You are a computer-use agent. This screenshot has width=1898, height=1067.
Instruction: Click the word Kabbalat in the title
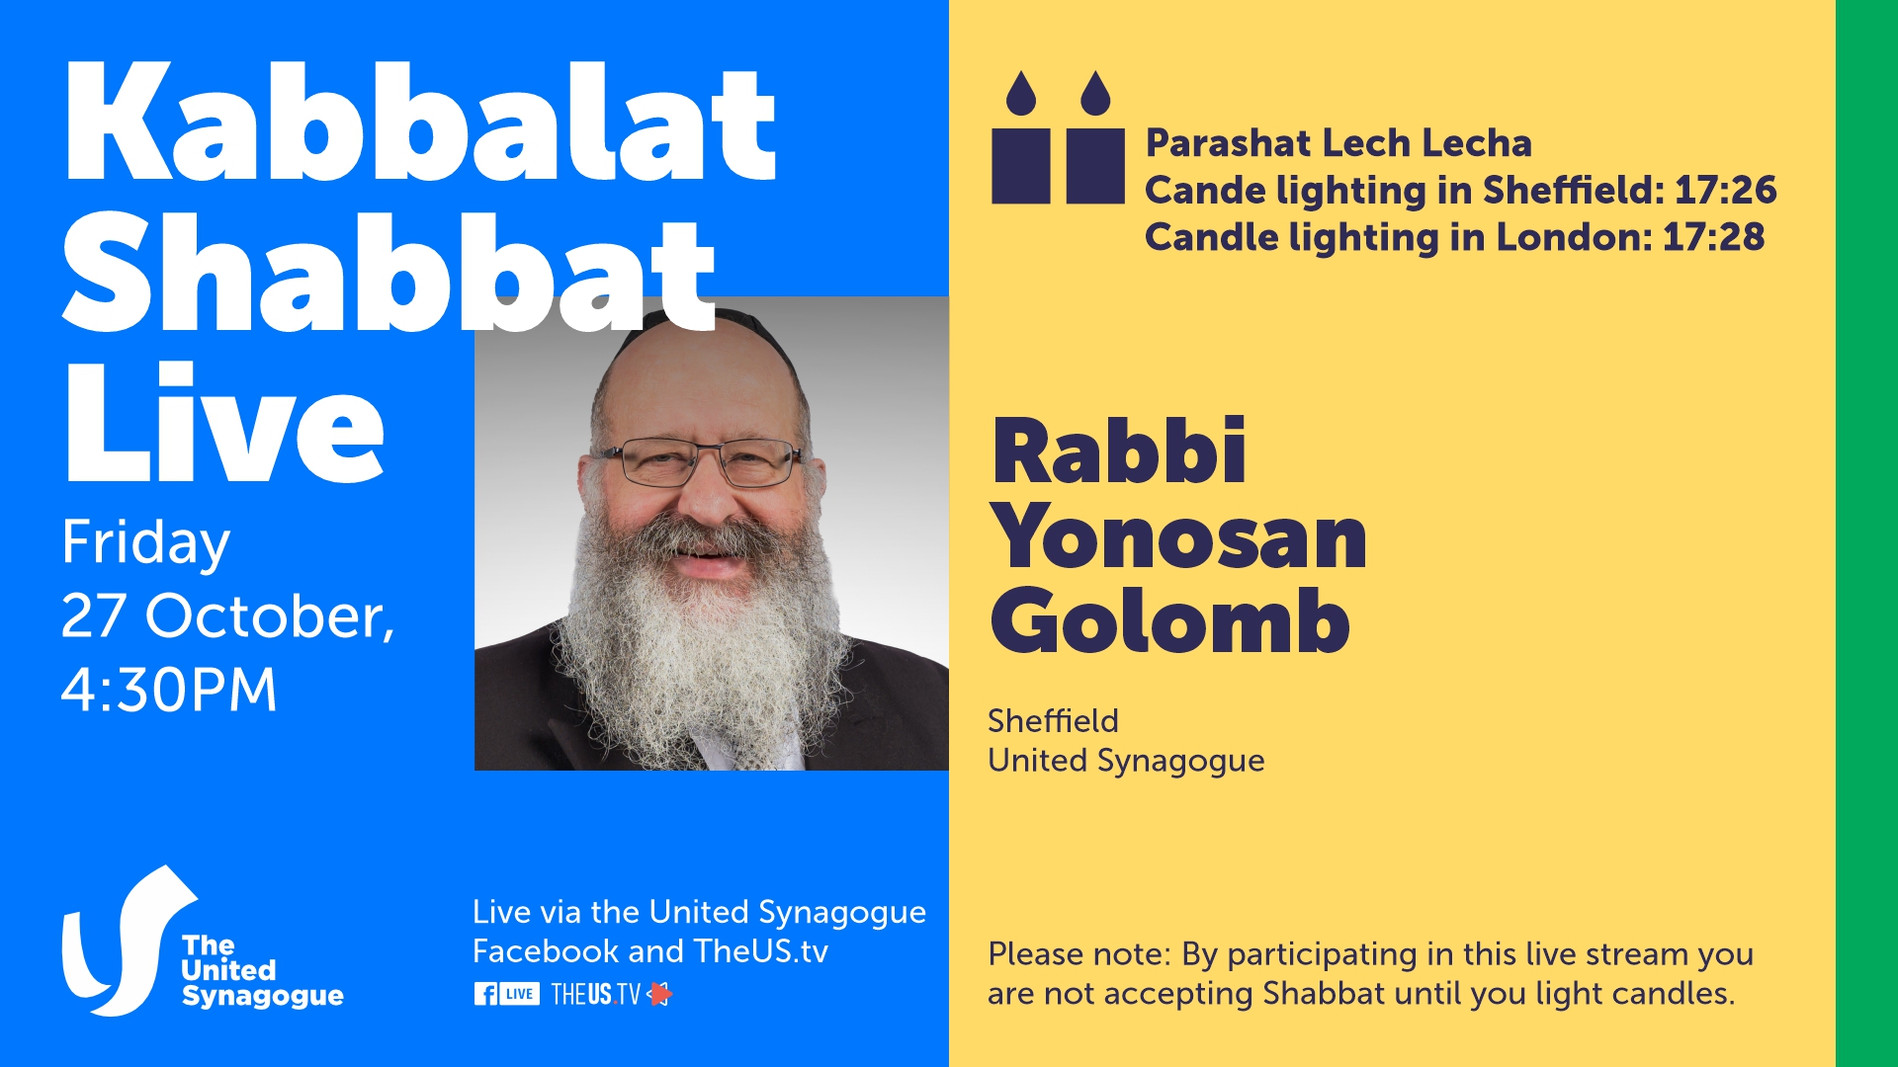tap(420, 123)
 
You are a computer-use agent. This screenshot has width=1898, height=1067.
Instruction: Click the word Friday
tap(145, 542)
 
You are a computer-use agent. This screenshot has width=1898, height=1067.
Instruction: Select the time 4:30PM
tap(169, 689)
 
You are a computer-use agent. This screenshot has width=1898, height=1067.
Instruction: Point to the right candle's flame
tap(1095, 93)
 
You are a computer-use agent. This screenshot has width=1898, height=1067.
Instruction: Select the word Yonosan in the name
tap(1178, 537)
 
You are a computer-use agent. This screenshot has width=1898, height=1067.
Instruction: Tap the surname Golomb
tap(1170, 621)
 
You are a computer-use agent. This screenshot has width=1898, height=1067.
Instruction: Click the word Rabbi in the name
tap(1118, 451)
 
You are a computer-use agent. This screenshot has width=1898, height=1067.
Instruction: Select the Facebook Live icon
tap(506, 994)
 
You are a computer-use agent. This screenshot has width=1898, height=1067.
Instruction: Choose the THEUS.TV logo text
tap(596, 994)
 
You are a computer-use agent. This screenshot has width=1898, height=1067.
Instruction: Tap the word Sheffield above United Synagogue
tap(1053, 721)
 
